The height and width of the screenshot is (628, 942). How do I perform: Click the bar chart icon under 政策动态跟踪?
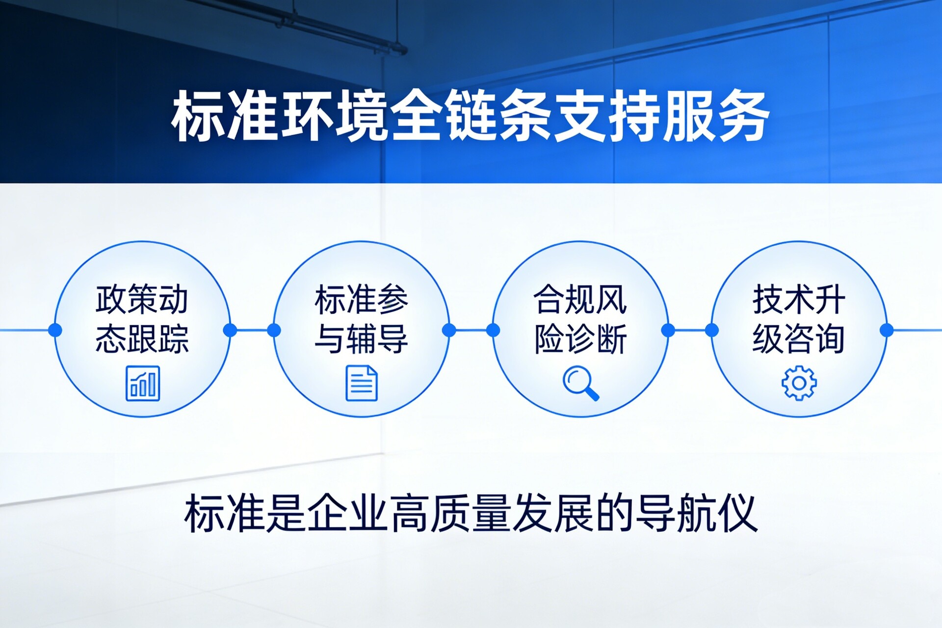tap(143, 383)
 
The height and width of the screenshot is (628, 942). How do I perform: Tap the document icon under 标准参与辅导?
tap(362, 383)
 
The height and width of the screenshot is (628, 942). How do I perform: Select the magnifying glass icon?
tap(581, 383)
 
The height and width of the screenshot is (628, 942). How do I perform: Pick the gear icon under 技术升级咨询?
tap(799, 383)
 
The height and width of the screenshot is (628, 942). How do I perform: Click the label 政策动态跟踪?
tap(142, 319)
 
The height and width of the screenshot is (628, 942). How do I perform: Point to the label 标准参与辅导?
tap(362, 319)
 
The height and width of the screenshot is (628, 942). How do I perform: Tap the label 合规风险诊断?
tap(580, 319)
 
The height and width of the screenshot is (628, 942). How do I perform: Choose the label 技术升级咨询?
tap(799, 319)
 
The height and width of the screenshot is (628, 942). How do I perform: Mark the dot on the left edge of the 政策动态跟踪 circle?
tap(55, 330)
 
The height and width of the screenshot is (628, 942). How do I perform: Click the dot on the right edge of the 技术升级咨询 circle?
tap(887, 330)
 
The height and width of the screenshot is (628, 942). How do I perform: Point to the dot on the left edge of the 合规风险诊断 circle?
tap(493, 330)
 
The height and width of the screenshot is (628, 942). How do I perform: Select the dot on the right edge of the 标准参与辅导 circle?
tap(449, 330)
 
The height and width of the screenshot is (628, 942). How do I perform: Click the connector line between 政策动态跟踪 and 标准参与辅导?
tap(252, 330)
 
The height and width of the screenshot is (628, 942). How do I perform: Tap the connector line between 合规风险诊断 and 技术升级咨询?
tap(690, 330)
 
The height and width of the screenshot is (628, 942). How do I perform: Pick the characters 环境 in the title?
tap(334, 116)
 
